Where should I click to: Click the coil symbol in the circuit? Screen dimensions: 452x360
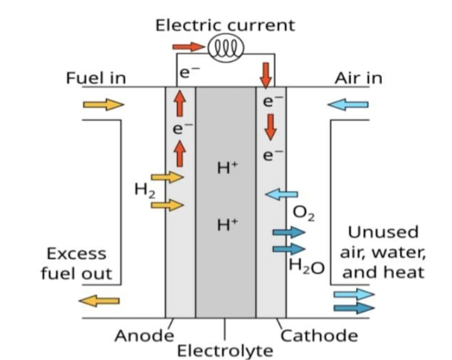tap(226, 47)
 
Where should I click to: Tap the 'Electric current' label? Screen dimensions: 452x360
tap(225, 26)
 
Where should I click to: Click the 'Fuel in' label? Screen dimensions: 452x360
tap(96, 78)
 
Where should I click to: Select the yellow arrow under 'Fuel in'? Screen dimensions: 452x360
tap(104, 104)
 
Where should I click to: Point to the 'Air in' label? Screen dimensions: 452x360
tap(358, 78)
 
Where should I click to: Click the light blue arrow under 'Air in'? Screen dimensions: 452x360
tap(348, 104)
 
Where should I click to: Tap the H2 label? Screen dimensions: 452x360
tap(145, 190)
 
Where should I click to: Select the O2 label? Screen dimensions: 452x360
tap(303, 214)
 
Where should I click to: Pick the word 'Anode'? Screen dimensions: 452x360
tap(145, 336)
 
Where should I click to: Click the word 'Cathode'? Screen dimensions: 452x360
tap(319, 336)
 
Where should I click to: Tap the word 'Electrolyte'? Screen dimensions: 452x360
tap(225, 351)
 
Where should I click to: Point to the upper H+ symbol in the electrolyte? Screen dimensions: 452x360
tap(228, 168)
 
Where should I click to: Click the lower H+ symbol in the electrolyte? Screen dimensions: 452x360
tap(228, 224)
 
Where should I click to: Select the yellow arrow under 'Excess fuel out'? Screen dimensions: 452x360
tap(99, 301)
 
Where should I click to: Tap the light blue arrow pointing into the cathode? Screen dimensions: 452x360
tap(281, 194)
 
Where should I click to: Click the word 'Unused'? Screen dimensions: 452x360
tap(383, 232)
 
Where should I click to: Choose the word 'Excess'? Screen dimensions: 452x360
tap(76, 254)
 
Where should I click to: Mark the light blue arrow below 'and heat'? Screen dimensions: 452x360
tap(354, 294)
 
